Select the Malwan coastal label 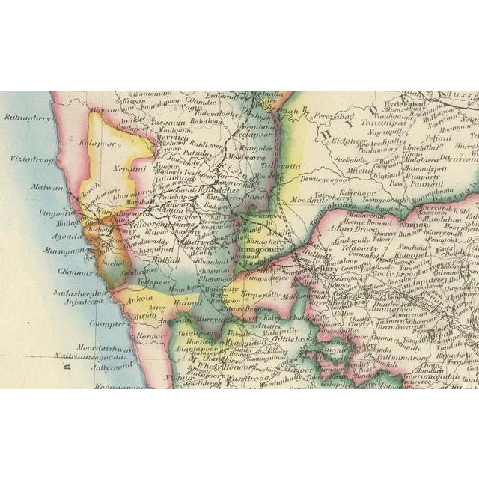(x=43, y=188)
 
